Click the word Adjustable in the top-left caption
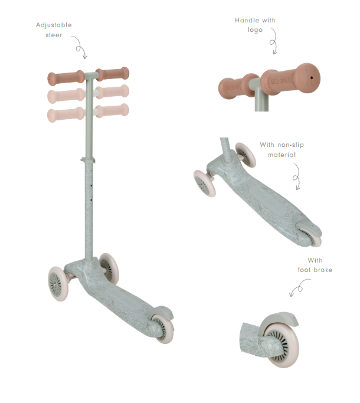point(54,25)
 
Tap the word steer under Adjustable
point(54,35)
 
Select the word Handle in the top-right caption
point(247,20)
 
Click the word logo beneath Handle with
point(255,30)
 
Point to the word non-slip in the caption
point(290,145)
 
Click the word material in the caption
point(282,155)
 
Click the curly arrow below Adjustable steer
point(80,47)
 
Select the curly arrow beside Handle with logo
point(274,42)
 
